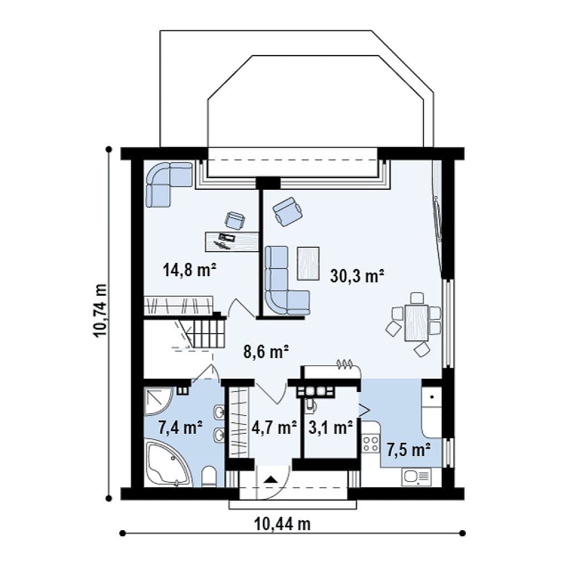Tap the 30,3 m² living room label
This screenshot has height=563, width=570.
(357, 276)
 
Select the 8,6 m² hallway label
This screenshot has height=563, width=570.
(266, 352)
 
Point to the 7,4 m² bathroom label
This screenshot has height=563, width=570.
(180, 427)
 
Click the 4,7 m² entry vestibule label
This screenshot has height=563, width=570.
(274, 428)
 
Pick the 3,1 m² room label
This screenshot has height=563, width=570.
(331, 428)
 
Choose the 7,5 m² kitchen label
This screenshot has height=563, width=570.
(408, 450)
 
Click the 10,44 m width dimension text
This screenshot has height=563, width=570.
(282, 525)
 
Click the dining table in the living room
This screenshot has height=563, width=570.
(416, 322)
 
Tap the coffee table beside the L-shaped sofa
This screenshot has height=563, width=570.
(308, 263)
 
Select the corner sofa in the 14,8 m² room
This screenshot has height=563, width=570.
(169, 184)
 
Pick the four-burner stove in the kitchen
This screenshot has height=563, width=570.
(370, 444)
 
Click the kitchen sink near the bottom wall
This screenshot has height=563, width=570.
(416, 477)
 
